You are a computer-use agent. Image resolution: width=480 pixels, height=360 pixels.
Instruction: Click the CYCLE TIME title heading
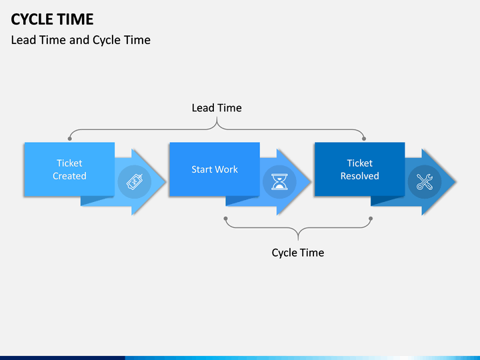(x=52, y=19)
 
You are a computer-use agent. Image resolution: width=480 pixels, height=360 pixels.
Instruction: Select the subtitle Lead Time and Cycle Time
(x=81, y=40)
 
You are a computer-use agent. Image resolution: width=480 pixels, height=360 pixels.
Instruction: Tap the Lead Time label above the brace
(x=217, y=108)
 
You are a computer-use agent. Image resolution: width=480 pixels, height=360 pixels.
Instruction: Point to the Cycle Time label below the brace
(x=298, y=253)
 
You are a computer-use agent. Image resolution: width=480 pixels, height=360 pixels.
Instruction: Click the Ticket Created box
(x=69, y=169)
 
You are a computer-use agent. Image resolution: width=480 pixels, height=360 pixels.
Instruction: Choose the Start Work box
(x=215, y=169)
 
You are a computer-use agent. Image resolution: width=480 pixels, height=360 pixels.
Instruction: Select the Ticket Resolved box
(x=360, y=169)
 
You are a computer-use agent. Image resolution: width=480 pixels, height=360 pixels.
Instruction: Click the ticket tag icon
(x=135, y=182)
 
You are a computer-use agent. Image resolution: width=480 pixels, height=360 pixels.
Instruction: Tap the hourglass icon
(x=279, y=182)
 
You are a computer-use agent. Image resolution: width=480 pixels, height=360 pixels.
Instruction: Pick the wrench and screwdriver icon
(x=425, y=182)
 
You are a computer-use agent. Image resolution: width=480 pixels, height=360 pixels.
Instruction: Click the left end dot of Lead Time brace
(x=70, y=139)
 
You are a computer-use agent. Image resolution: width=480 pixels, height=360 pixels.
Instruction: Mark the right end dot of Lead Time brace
(x=364, y=139)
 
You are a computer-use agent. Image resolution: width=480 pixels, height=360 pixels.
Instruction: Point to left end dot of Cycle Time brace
(x=225, y=219)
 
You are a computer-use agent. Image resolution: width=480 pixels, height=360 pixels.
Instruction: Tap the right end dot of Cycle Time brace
(x=371, y=219)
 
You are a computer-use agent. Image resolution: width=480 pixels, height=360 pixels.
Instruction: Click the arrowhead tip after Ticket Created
(x=165, y=182)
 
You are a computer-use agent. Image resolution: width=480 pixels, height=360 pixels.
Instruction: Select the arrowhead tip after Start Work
(x=311, y=182)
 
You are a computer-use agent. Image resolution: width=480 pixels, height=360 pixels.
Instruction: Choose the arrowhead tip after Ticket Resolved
(x=456, y=182)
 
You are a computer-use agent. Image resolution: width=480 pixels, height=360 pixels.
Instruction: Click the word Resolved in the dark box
(x=360, y=176)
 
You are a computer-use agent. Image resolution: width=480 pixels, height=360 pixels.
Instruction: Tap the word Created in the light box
(x=69, y=176)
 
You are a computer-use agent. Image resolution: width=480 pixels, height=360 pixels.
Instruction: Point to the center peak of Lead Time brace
(x=217, y=118)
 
